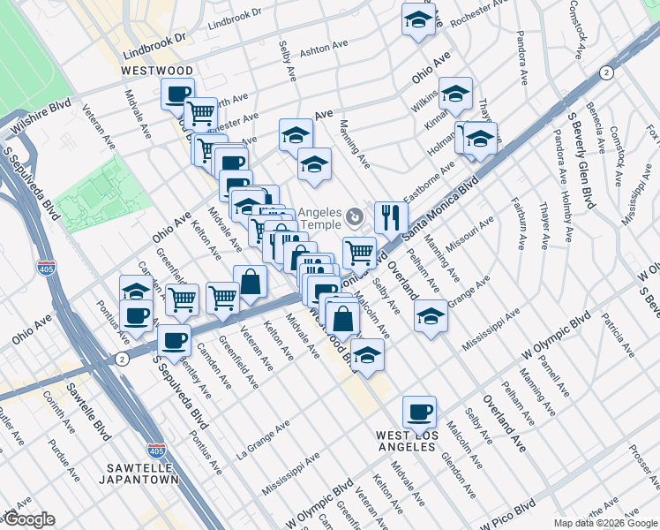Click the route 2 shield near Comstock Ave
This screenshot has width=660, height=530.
(x=605, y=72)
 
